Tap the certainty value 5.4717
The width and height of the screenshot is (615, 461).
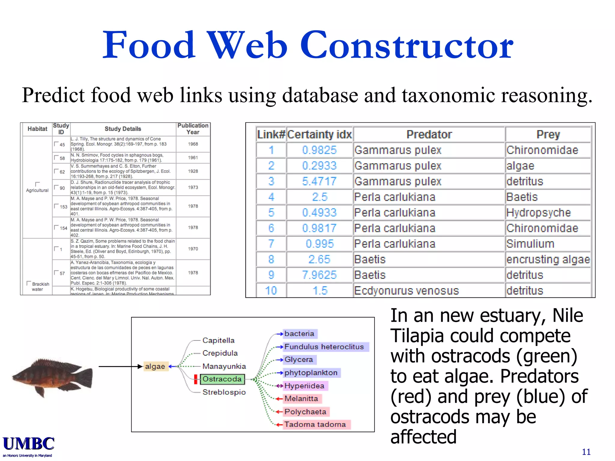319,181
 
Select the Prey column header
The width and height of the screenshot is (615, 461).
548,134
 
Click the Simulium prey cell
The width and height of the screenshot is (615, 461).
530,244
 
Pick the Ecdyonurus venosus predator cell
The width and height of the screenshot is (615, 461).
406,291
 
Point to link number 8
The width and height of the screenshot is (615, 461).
271,259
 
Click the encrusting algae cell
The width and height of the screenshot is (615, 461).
548,259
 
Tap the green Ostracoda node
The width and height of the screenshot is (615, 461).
222,379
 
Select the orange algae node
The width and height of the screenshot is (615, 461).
155,366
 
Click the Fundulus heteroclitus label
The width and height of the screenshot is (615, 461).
324,347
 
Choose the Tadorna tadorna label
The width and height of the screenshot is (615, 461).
315,424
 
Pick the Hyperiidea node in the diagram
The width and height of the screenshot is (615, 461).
304,386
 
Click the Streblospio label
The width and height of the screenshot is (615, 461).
224,392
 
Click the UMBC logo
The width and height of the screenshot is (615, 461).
29,444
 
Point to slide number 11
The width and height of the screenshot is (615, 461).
586,452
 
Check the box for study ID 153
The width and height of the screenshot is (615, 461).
56,206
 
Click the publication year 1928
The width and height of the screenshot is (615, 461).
193,171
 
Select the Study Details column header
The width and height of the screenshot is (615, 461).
123,129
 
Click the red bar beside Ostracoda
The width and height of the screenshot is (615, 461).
195,379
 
